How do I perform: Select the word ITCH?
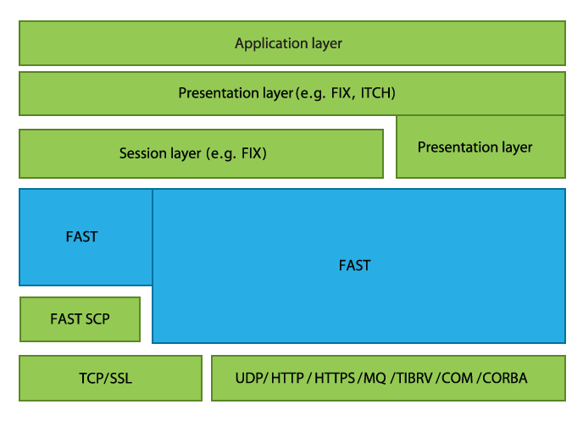click(x=378, y=93)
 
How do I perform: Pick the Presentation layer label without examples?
click(x=475, y=147)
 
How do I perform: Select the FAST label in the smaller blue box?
click(x=81, y=237)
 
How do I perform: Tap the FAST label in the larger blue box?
click(x=354, y=265)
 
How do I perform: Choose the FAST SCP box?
click(x=80, y=319)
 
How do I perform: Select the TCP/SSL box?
click(x=110, y=378)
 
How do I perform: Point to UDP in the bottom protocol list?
click(x=249, y=378)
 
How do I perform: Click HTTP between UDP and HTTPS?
click(x=288, y=378)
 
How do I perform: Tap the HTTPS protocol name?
click(x=335, y=378)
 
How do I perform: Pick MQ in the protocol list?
click(x=374, y=378)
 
